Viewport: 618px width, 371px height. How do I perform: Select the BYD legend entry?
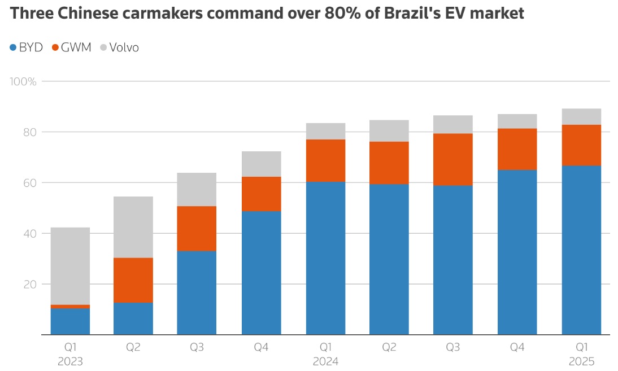[x=27, y=47]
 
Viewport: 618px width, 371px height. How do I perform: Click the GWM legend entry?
[x=72, y=47]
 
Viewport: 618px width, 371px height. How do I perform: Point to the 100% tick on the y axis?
[x=23, y=81]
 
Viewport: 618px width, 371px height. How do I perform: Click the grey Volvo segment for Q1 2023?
[x=70, y=266]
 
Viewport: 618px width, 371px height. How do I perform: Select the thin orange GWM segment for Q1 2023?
[x=70, y=307]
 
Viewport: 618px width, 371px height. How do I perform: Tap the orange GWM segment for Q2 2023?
[x=133, y=280]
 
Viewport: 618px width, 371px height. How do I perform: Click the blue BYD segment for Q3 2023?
[x=197, y=293]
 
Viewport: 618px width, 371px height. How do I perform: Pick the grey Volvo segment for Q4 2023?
[x=262, y=164]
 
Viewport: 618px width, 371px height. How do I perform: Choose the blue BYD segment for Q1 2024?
[x=325, y=258]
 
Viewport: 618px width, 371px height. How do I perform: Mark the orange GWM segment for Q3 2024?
[x=452, y=159]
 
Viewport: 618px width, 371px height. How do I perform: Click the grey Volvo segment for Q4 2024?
[x=517, y=121]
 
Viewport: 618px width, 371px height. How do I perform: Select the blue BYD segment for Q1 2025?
[x=581, y=250]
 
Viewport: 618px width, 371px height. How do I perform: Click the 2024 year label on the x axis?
[x=326, y=361]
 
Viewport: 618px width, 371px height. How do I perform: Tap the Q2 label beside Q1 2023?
[x=133, y=347]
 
